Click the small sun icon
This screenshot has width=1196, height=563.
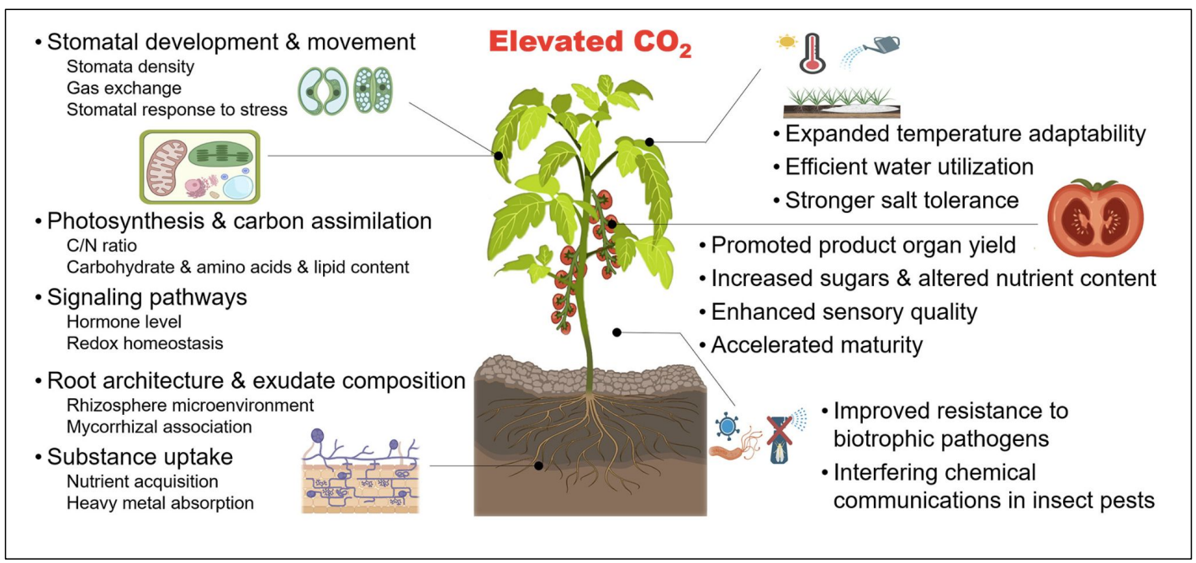click(788, 41)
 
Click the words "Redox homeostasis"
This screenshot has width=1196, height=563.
click(144, 343)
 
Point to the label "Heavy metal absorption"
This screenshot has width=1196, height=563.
click(159, 503)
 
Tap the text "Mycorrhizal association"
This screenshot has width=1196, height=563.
click(158, 427)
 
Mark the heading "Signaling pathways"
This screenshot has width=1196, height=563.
click(146, 298)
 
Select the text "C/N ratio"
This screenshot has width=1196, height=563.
click(101, 246)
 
